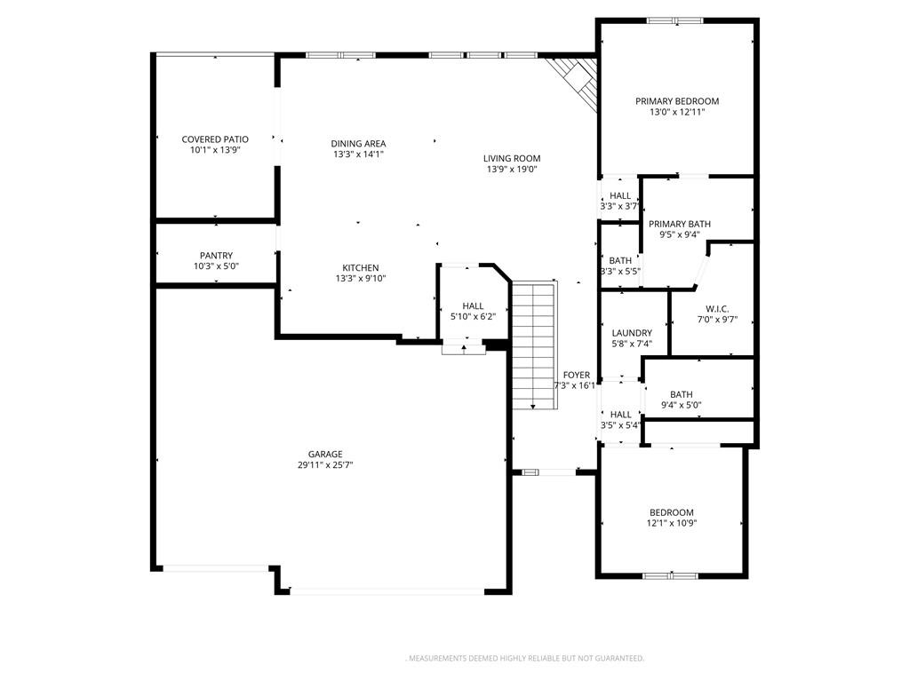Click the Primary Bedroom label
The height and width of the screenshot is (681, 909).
677,101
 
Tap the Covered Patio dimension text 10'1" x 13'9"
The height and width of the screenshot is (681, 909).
215,150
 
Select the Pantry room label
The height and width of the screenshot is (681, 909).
216,256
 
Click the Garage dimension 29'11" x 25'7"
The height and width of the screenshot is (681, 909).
325,465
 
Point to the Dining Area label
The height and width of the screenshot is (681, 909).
358,144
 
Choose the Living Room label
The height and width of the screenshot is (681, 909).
512,158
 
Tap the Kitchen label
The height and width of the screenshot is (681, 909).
361,267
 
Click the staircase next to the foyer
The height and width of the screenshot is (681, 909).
534,345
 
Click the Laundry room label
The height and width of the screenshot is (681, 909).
632,333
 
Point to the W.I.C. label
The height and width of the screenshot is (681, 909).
717,309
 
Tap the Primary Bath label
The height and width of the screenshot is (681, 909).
680,224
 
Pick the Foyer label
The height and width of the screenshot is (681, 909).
577,376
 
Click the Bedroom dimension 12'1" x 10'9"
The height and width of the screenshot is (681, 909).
672,524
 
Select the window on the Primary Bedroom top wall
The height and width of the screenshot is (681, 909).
674,20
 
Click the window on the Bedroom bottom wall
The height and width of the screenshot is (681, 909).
670,575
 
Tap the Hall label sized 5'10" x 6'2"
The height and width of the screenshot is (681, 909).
473,305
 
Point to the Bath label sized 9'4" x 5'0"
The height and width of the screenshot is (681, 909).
682,394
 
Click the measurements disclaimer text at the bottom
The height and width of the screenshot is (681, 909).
524,659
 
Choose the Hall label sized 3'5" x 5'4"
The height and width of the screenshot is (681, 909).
621,415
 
